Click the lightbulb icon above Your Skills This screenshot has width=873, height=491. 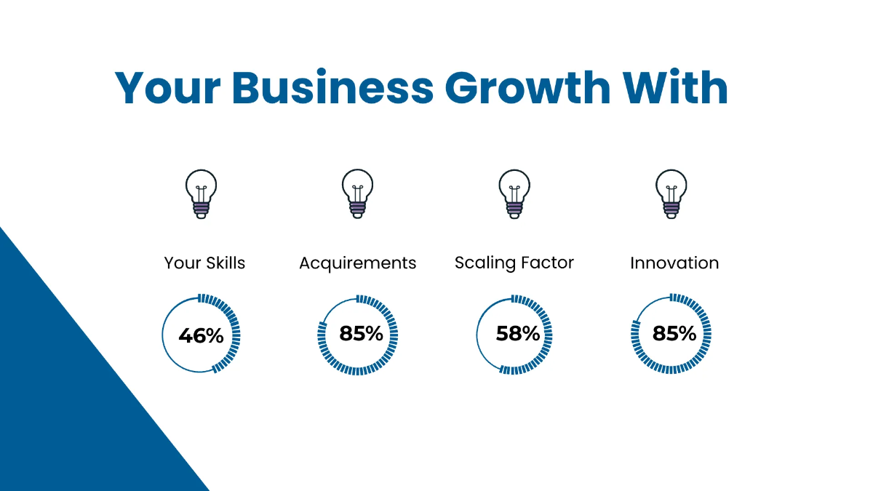(201, 193)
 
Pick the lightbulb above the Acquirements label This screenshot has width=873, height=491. (357, 193)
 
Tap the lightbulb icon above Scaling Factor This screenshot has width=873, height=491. (514, 193)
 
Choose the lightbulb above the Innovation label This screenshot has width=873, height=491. (671, 193)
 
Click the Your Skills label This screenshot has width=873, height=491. (204, 263)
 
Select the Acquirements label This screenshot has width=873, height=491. (357, 263)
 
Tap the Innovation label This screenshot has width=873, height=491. (674, 263)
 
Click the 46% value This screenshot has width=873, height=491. (201, 335)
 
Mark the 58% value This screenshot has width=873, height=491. (517, 334)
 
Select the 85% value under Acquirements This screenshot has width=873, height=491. (361, 334)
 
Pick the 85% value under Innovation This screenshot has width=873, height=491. (674, 334)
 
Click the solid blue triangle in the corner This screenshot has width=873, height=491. (65, 407)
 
